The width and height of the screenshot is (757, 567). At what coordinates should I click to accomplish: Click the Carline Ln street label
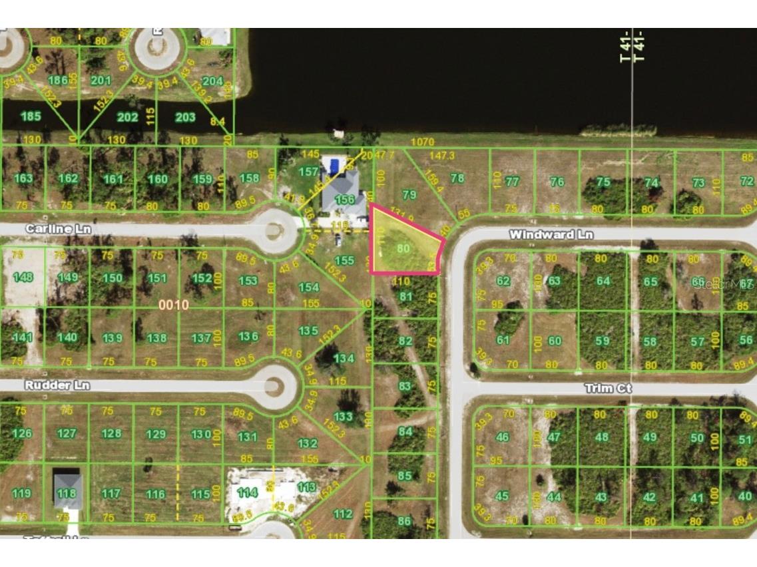[x=58, y=229]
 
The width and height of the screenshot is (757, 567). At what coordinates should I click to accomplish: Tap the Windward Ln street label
[x=551, y=235]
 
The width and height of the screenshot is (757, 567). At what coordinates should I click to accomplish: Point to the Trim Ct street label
[x=607, y=388]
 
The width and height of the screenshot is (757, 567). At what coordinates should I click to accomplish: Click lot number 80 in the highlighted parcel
[x=403, y=248]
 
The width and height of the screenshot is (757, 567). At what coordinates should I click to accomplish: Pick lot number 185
[x=31, y=117]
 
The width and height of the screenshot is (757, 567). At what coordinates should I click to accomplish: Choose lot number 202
[x=127, y=117]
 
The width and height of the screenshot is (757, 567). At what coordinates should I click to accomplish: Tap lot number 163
[x=23, y=178]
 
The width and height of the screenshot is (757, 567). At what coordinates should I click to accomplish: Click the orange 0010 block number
[x=174, y=305]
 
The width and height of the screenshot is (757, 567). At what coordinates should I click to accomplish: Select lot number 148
[x=22, y=277]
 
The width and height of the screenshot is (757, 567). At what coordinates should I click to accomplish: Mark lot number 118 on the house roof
[x=67, y=493]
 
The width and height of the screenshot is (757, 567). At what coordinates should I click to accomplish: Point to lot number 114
[x=247, y=492]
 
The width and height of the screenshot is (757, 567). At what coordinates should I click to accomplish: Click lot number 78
[x=457, y=178]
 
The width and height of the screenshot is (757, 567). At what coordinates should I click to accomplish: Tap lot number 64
[x=603, y=281]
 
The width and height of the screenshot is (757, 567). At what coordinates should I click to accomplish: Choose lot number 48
[x=602, y=437]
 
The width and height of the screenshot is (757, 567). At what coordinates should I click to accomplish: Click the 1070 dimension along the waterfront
[x=422, y=142]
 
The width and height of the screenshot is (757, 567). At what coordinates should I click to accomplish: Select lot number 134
[x=344, y=359]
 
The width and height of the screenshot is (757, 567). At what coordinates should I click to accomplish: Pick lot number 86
[x=404, y=522]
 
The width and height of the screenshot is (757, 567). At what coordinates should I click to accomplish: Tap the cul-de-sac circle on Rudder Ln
[x=274, y=385]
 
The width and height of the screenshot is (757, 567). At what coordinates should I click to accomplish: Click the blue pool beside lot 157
[x=332, y=163]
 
